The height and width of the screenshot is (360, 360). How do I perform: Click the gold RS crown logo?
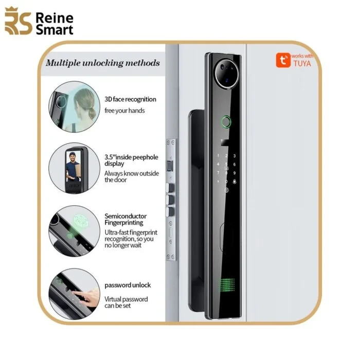18,21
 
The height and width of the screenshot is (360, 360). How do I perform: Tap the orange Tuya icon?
283,60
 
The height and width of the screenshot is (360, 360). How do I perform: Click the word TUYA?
302,63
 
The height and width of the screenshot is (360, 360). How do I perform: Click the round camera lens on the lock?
227,74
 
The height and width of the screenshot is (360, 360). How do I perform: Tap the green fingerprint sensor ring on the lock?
226,122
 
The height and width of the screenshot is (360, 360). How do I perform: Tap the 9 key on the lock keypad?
235,173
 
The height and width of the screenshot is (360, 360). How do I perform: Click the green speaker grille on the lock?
227,285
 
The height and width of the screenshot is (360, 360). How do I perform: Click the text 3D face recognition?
130,99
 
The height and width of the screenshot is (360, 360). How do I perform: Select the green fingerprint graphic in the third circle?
81,222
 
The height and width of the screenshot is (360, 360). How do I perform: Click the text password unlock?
128,285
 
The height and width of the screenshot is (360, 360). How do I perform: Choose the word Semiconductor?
125,216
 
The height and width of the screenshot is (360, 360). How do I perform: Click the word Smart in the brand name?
55,30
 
